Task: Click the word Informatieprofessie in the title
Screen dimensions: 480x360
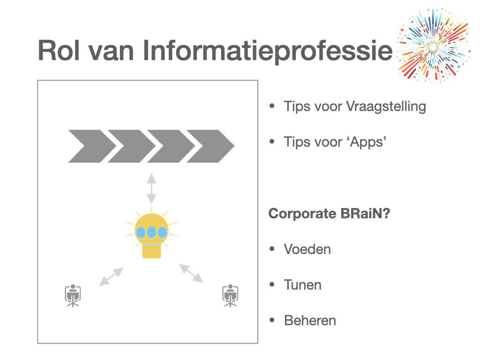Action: [x=267, y=51]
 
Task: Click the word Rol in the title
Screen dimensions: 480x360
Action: [x=59, y=50]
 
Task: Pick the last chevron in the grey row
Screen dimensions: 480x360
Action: [x=210, y=146]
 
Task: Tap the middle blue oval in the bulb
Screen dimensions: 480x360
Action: [x=151, y=232]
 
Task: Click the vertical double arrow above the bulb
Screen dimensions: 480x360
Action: [x=151, y=188]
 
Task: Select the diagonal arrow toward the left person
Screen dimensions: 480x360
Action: [x=111, y=277]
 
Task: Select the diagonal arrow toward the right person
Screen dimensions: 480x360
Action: [x=191, y=273]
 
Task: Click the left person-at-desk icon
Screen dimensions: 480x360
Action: [x=73, y=295]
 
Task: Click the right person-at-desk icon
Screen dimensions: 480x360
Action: [x=230, y=295]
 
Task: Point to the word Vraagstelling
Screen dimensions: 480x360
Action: [x=386, y=107]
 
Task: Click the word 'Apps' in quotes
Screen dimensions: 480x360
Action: [x=366, y=142]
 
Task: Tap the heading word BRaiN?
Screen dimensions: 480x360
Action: [x=365, y=213]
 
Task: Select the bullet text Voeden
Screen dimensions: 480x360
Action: [x=307, y=249]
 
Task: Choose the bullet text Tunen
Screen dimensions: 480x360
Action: [x=303, y=285]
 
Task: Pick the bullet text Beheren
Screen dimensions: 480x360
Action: [x=310, y=321]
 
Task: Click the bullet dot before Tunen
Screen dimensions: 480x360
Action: [x=272, y=285]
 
